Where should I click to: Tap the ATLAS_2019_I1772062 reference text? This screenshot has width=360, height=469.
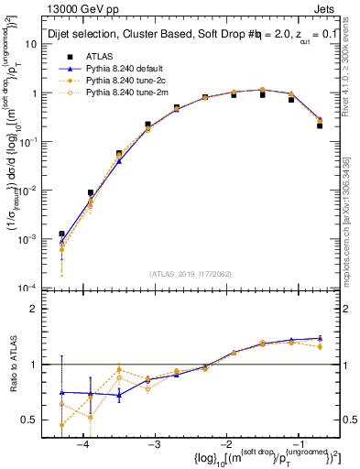(191, 274)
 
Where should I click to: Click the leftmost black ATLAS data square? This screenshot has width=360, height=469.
(61, 234)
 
